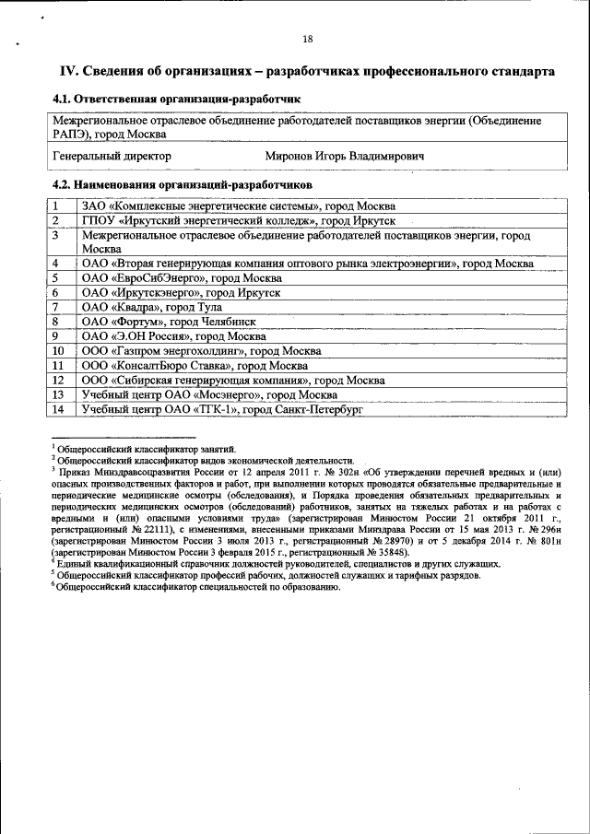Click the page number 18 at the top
point(307,39)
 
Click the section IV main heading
point(307,71)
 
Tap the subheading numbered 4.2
point(182,185)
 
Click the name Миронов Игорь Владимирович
point(345,158)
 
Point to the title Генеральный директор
point(112,158)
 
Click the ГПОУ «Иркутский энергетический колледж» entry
point(238,221)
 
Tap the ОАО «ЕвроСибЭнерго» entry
point(182,278)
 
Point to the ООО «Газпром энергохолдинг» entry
point(201,351)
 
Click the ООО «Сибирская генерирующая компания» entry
point(232,381)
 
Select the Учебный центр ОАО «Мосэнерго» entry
point(208,394)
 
